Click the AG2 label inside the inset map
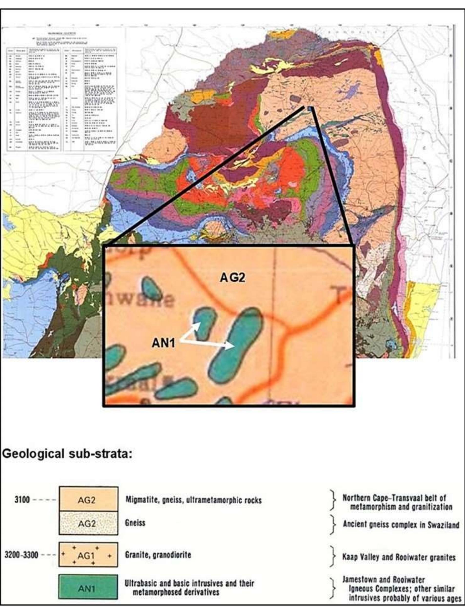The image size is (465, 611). point(232,278)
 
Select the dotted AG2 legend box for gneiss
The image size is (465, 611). point(88,523)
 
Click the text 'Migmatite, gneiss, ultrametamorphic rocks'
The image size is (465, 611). point(193,500)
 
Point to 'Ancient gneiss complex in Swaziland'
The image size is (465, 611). point(401,524)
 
